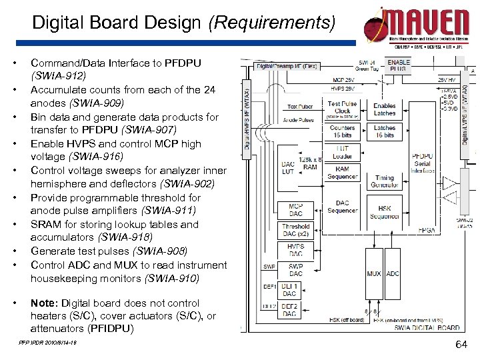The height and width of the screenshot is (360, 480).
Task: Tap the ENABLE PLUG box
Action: pyautogui.click(x=399, y=66)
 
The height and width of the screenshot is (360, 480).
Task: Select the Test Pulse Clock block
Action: pyautogui.click(x=342, y=107)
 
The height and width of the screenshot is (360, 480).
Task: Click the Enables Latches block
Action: pyautogui.click(x=385, y=109)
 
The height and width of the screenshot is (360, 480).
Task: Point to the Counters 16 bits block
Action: pyautogui.click(x=342, y=131)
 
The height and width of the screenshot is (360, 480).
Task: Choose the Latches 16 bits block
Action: pyautogui.click(x=385, y=131)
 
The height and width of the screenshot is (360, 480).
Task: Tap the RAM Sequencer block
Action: pyautogui.click(x=342, y=173)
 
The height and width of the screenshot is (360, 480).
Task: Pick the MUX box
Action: pyautogui.click(x=374, y=273)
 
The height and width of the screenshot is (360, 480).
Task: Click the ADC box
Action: pyautogui.click(x=393, y=273)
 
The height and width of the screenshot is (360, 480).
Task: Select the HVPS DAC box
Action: pyautogui.click(x=295, y=250)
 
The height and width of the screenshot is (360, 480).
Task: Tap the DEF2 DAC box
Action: pyautogui.click(x=289, y=309)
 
